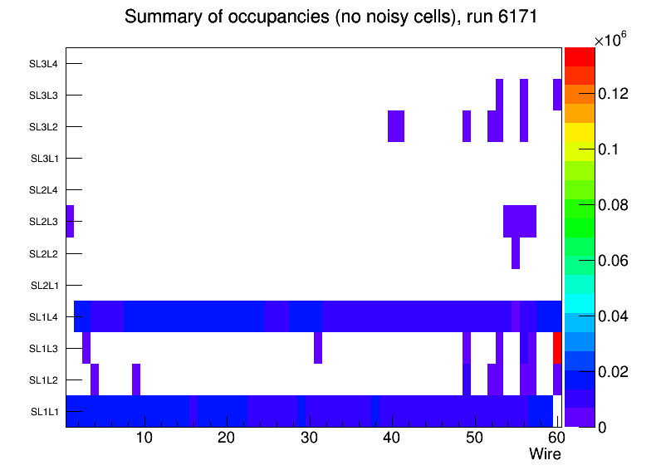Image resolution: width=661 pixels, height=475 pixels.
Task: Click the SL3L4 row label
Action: [x=45, y=64]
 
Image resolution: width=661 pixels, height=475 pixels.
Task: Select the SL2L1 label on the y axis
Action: [x=45, y=285]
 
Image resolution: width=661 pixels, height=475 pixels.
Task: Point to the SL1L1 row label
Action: [x=45, y=411]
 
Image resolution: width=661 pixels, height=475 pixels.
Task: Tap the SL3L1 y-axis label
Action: [x=45, y=159]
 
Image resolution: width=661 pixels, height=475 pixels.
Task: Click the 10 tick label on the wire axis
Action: [x=144, y=438]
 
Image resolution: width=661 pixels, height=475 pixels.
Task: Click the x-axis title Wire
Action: [x=545, y=454]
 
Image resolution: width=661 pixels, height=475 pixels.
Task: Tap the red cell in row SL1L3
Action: [x=557, y=348]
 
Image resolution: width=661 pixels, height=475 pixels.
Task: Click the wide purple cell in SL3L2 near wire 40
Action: [x=396, y=126]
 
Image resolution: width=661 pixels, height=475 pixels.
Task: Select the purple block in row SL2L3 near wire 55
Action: [x=520, y=221]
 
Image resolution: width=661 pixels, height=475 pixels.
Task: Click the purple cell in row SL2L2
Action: [x=516, y=252]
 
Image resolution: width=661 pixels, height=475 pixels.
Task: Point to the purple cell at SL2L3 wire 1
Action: [x=70, y=221]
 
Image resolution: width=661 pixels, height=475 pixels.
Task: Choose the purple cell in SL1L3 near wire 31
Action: [x=318, y=348]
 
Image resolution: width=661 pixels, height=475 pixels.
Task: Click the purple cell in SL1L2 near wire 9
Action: [x=136, y=380]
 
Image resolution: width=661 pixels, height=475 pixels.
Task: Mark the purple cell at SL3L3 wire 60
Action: [x=557, y=95]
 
